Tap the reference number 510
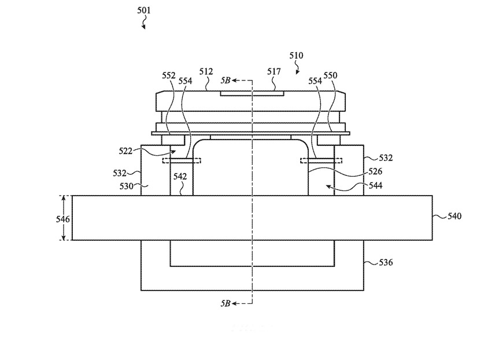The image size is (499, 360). pos(296,56)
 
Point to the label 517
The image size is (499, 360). pos(274,72)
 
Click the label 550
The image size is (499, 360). pos(330,75)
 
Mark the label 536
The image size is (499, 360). pos(386,262)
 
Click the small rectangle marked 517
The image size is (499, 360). pos(252,93)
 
